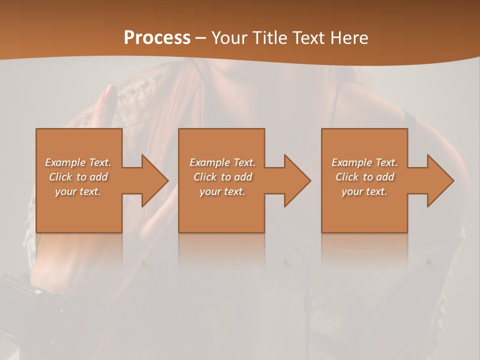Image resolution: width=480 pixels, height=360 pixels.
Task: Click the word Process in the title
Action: (x=157, y=38)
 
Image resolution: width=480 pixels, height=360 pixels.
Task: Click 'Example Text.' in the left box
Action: (x=78, y=162)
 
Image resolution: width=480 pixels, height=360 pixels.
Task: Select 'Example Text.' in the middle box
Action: (x=222, y=162)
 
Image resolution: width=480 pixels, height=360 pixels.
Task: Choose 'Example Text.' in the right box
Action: (x=364, y=162)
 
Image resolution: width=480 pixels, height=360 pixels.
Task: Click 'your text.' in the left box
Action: (x=78, y=191)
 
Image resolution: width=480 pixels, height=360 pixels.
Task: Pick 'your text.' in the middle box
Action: (x=222, y=191)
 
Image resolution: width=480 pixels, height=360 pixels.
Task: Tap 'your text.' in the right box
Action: (x=364, y=191)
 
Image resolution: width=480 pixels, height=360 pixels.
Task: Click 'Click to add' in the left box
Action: (x=78, y=177)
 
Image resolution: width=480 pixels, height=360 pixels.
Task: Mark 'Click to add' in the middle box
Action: (x=222, y=177)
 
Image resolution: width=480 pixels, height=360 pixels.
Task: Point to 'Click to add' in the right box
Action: (x=364, y=177)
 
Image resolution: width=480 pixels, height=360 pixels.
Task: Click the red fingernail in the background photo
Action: (x=109, y=93)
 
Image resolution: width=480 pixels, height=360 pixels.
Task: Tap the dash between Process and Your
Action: (x=200, y=38)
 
